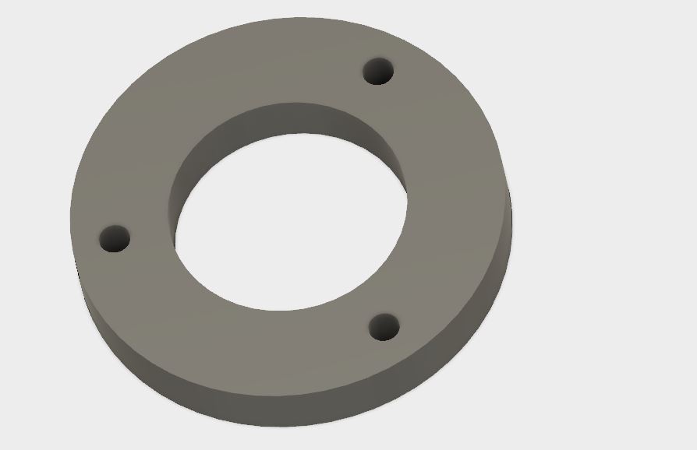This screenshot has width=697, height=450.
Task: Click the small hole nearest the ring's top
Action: point(378,72)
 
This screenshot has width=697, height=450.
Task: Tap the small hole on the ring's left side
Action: point(115,238)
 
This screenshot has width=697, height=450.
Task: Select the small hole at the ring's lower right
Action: point(384,327)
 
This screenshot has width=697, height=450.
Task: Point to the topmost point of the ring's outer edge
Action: point(300,17)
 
